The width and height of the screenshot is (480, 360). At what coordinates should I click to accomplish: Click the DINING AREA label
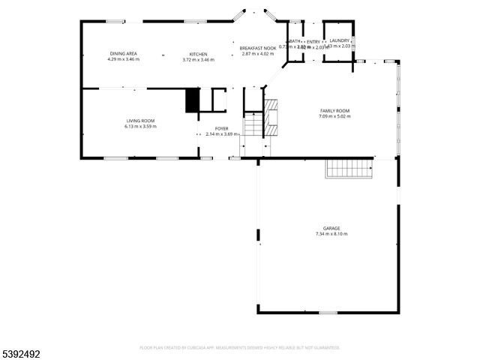click(123, 54)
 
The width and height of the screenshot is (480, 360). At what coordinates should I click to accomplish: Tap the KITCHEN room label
click(198, 54)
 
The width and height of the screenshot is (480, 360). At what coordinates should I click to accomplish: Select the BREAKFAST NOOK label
click(256, 48)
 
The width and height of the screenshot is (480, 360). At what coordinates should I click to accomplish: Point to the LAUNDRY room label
click(340, 40)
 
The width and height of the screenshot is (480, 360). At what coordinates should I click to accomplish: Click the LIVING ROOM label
click(139, 121)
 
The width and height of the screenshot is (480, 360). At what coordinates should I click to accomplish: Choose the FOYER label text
click(221, 129)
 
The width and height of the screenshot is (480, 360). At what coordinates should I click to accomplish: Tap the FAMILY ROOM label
click(334, 111)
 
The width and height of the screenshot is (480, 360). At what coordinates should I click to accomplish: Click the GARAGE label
click(331, 228)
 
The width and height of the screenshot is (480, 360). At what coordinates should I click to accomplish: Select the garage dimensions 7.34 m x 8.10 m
click(331, 234)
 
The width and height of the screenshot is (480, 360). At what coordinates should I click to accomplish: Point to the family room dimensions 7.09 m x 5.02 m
click(334, 116)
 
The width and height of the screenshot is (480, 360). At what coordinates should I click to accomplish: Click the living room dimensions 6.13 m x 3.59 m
click(139, 126)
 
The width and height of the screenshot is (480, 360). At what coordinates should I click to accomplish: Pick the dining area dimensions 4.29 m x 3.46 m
click(123, 59)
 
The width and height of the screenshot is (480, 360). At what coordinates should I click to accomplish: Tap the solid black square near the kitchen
click(193, 100)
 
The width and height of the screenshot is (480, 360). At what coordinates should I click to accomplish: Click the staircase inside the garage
click(349, 170)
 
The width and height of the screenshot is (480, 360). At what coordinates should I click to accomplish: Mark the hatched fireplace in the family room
click(271, 117)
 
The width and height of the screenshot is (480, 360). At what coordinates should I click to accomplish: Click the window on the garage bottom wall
click(327, 313)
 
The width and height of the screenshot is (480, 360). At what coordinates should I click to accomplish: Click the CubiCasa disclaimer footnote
click(240, 347)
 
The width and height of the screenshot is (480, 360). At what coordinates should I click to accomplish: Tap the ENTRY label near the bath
click(313, 41)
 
